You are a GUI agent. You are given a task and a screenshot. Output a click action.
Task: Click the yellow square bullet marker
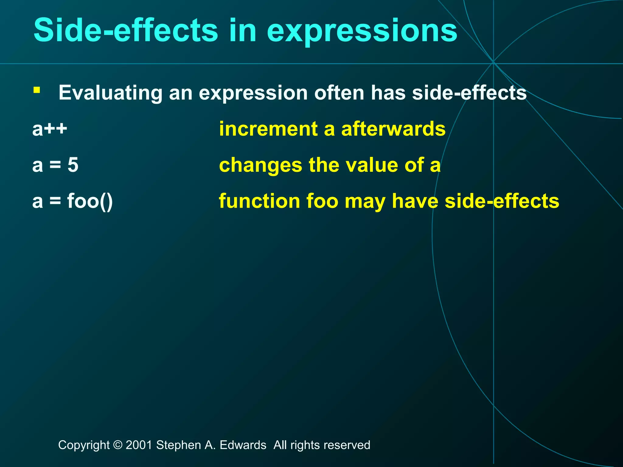[x=37, y=90]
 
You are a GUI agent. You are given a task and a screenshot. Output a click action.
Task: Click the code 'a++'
[x=50, y=129]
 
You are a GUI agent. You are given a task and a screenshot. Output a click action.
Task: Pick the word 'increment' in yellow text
[x=268, y=129]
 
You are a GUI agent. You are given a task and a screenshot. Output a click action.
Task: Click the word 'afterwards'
[x=393, y=129]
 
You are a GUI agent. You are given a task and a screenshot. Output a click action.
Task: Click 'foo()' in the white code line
[x=90, y=201]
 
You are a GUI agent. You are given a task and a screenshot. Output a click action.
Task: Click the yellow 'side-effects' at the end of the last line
[x=502, y=201]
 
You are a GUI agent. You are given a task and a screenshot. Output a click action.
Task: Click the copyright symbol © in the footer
[x=117, y=445]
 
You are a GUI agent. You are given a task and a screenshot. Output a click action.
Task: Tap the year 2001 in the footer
[x=139, y=445]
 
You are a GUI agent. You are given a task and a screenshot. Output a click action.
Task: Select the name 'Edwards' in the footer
[x=243, y=445]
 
